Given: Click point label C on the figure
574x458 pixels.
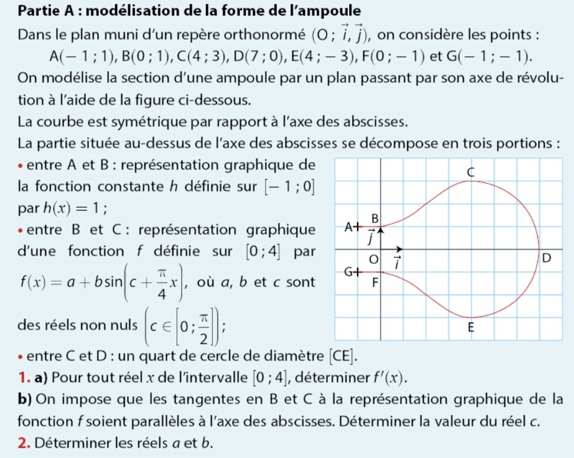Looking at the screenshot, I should pos(471,172).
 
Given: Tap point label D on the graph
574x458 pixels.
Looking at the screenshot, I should pos(546,259).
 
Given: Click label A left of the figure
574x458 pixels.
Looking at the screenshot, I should pos(349,226).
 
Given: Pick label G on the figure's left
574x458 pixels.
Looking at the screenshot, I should pos(349,272).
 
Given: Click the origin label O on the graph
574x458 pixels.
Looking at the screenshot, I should pos(372,260).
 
